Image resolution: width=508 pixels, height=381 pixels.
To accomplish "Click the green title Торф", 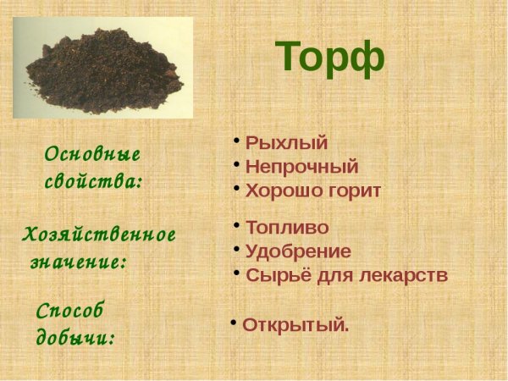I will [330, 57].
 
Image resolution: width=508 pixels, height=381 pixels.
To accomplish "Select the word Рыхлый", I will [286, 142].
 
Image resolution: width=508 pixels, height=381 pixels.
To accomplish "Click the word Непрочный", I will [301, 166].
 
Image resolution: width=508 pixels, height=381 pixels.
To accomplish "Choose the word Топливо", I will [286, 227].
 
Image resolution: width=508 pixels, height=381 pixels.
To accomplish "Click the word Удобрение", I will [297, 251].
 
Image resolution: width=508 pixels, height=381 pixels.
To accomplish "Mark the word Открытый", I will [295, 325].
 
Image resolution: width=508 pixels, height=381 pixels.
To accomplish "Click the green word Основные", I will [92, 155].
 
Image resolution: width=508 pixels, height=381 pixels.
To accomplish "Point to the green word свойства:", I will [93, 181].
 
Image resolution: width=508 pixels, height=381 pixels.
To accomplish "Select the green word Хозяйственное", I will [99, 235].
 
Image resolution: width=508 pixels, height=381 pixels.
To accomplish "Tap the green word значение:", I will [78, 262].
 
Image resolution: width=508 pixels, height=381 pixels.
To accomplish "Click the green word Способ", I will [70, 312].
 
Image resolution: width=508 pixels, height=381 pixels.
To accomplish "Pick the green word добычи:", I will [75, 338].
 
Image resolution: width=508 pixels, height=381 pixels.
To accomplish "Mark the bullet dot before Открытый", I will [234, 321].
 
